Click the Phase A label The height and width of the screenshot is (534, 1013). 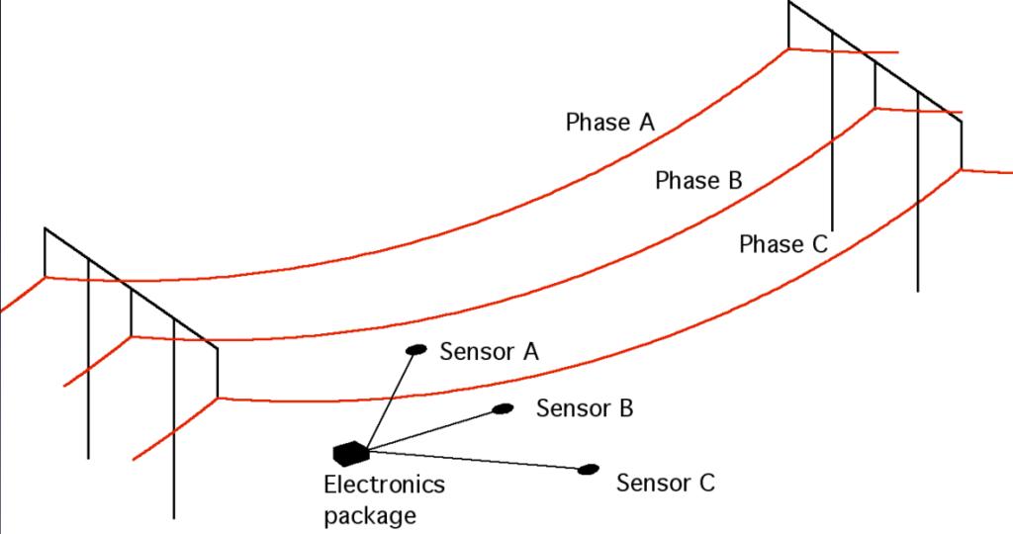[610, 123]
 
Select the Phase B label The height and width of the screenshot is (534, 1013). [698, 181]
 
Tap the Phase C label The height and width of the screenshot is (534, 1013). [783, 244]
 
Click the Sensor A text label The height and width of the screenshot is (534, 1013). [489, 352]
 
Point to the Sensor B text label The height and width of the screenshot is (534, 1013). [585, 408]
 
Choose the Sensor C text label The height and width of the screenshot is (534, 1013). [665, 484]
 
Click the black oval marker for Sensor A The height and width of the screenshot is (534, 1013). [416, 349]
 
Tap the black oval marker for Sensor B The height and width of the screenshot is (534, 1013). [504, 408]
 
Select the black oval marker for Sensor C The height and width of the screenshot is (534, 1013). [590, 469]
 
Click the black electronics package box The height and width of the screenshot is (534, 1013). [350, 453]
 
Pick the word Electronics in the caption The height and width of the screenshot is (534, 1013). [385, 486]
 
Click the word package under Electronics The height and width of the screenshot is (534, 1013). [370, 514]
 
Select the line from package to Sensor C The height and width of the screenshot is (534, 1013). [475, 460]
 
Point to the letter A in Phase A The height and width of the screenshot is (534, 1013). [646, 123]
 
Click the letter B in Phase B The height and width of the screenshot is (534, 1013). [734, 181]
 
